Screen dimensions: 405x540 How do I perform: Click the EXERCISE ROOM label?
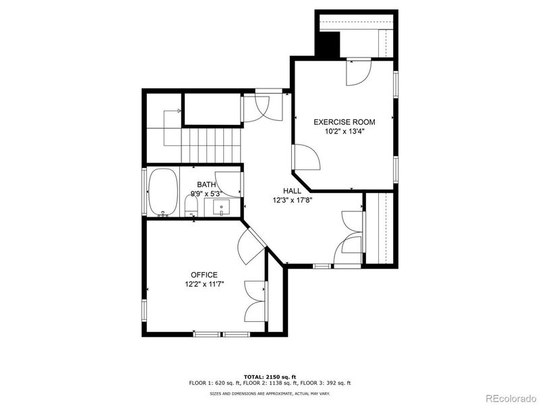coord(344,122)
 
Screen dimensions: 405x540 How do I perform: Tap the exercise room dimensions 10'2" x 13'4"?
coord(344,132)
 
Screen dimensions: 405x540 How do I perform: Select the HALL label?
coord(292,191)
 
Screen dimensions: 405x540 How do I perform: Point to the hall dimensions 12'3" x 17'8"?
coord(292,200)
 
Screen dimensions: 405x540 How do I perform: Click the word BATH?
coord(206,184)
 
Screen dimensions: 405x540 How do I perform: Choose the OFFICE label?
coord(204,275)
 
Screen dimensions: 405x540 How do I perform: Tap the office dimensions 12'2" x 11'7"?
coord(204,284)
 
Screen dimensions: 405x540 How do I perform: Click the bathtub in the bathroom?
coord(163,192)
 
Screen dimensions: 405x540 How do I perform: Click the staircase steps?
coord(212,145)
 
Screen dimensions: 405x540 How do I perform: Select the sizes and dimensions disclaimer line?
coord(270,392)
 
